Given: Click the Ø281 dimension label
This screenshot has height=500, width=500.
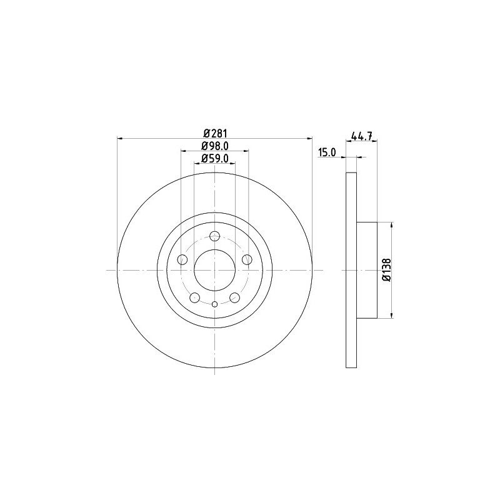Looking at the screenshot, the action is pyautogui.click(x=215, y=133).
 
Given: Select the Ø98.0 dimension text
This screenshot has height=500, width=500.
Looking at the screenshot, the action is pyautogui.click(x=215, y=146).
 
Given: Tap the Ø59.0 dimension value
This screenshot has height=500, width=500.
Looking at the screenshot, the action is pyautogui.click(x=215, y=158).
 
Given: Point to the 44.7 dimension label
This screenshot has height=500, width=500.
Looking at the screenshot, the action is pyautogui.click(x=362, y=136).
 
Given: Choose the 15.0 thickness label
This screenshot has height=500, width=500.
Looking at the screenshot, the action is pyautogui.click(x=327, y=152).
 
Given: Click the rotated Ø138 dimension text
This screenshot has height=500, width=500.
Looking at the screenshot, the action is pyautogui.click(x=386, y=270).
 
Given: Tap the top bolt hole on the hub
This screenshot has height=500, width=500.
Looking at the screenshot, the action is pyautogui.click(x=214, y=236).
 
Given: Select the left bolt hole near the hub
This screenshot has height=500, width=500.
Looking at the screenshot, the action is pyautogui.click(x=182, y=259).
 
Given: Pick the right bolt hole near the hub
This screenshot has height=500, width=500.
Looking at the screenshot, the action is pyautogui.click(x=247, y=259).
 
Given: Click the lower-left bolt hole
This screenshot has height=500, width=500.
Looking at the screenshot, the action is pyautogui.click(x=194, y=298).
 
